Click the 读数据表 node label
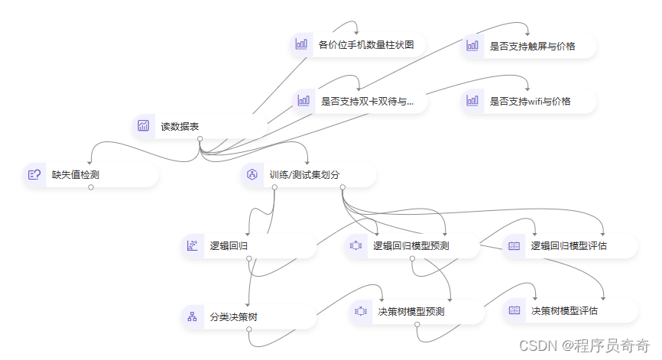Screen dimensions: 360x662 point(180,126)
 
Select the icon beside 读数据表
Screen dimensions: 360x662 point(144,126)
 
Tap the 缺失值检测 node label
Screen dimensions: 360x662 point(75,174)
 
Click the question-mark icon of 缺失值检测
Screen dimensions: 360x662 point(34,174)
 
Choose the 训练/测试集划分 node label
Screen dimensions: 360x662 point(304,174)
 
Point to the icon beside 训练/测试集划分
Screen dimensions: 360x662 point(252,174)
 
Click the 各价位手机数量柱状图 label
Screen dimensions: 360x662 point(366,44)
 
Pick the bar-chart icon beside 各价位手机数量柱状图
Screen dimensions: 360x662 point(301,44)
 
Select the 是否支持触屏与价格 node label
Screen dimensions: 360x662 point(532,46)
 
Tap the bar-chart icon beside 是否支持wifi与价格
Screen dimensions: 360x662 point(472,100)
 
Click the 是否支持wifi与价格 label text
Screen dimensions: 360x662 point(530,100)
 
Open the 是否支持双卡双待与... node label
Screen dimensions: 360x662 point(367,100)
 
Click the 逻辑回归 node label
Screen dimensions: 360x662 point(229,245)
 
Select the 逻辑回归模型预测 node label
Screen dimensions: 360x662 point(411,245)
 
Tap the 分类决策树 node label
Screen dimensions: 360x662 point(233,316)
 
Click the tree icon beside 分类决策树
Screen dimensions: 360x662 point(191,316)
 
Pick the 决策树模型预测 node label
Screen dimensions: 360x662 point(411,311)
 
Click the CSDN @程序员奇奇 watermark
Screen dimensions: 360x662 point(584,345)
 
